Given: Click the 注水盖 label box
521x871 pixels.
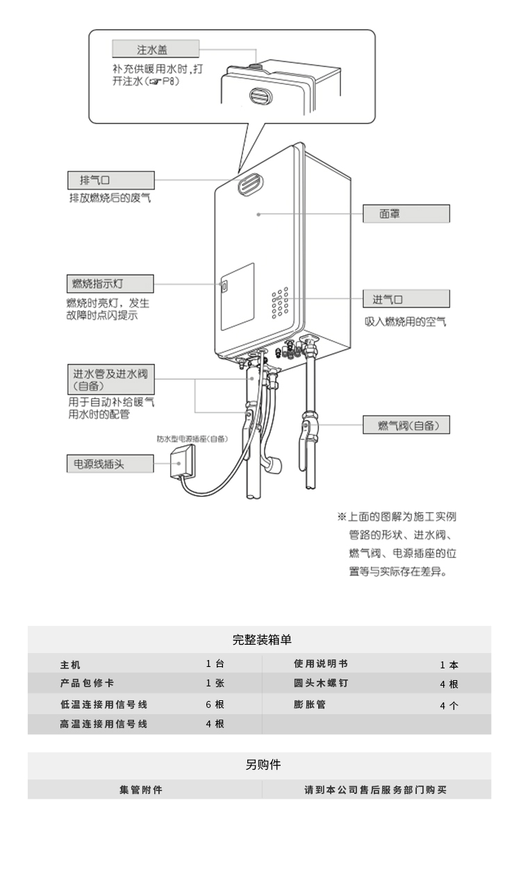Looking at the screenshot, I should [x=155, y=49].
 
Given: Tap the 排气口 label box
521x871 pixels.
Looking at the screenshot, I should [x=110, y=180].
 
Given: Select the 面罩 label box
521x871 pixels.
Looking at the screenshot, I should [x=406, y=214].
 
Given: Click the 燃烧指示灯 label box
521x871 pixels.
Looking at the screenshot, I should [x=110, y=284].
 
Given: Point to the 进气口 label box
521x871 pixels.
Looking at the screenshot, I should [x=406, y=300].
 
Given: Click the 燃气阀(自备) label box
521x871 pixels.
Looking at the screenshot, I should [x=406, y=425].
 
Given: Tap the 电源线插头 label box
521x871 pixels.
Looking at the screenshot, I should [x=110, y=464].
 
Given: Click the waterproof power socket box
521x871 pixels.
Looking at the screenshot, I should [x=183, y=459].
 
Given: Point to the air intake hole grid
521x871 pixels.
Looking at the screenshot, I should [x=281, y=303].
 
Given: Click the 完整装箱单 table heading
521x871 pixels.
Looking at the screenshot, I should [x=259, y=639].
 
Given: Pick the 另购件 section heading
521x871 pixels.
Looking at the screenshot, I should [x=259, y=765].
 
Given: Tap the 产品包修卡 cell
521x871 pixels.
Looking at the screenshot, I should [x=86, y=683].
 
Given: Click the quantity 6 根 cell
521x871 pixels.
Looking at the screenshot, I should [x=215, y=704].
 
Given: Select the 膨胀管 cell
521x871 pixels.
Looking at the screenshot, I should [x=309, y=704].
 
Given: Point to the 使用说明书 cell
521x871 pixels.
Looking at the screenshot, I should [x=320, y=663].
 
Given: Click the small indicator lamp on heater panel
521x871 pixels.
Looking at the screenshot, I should [x=224, y=286].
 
